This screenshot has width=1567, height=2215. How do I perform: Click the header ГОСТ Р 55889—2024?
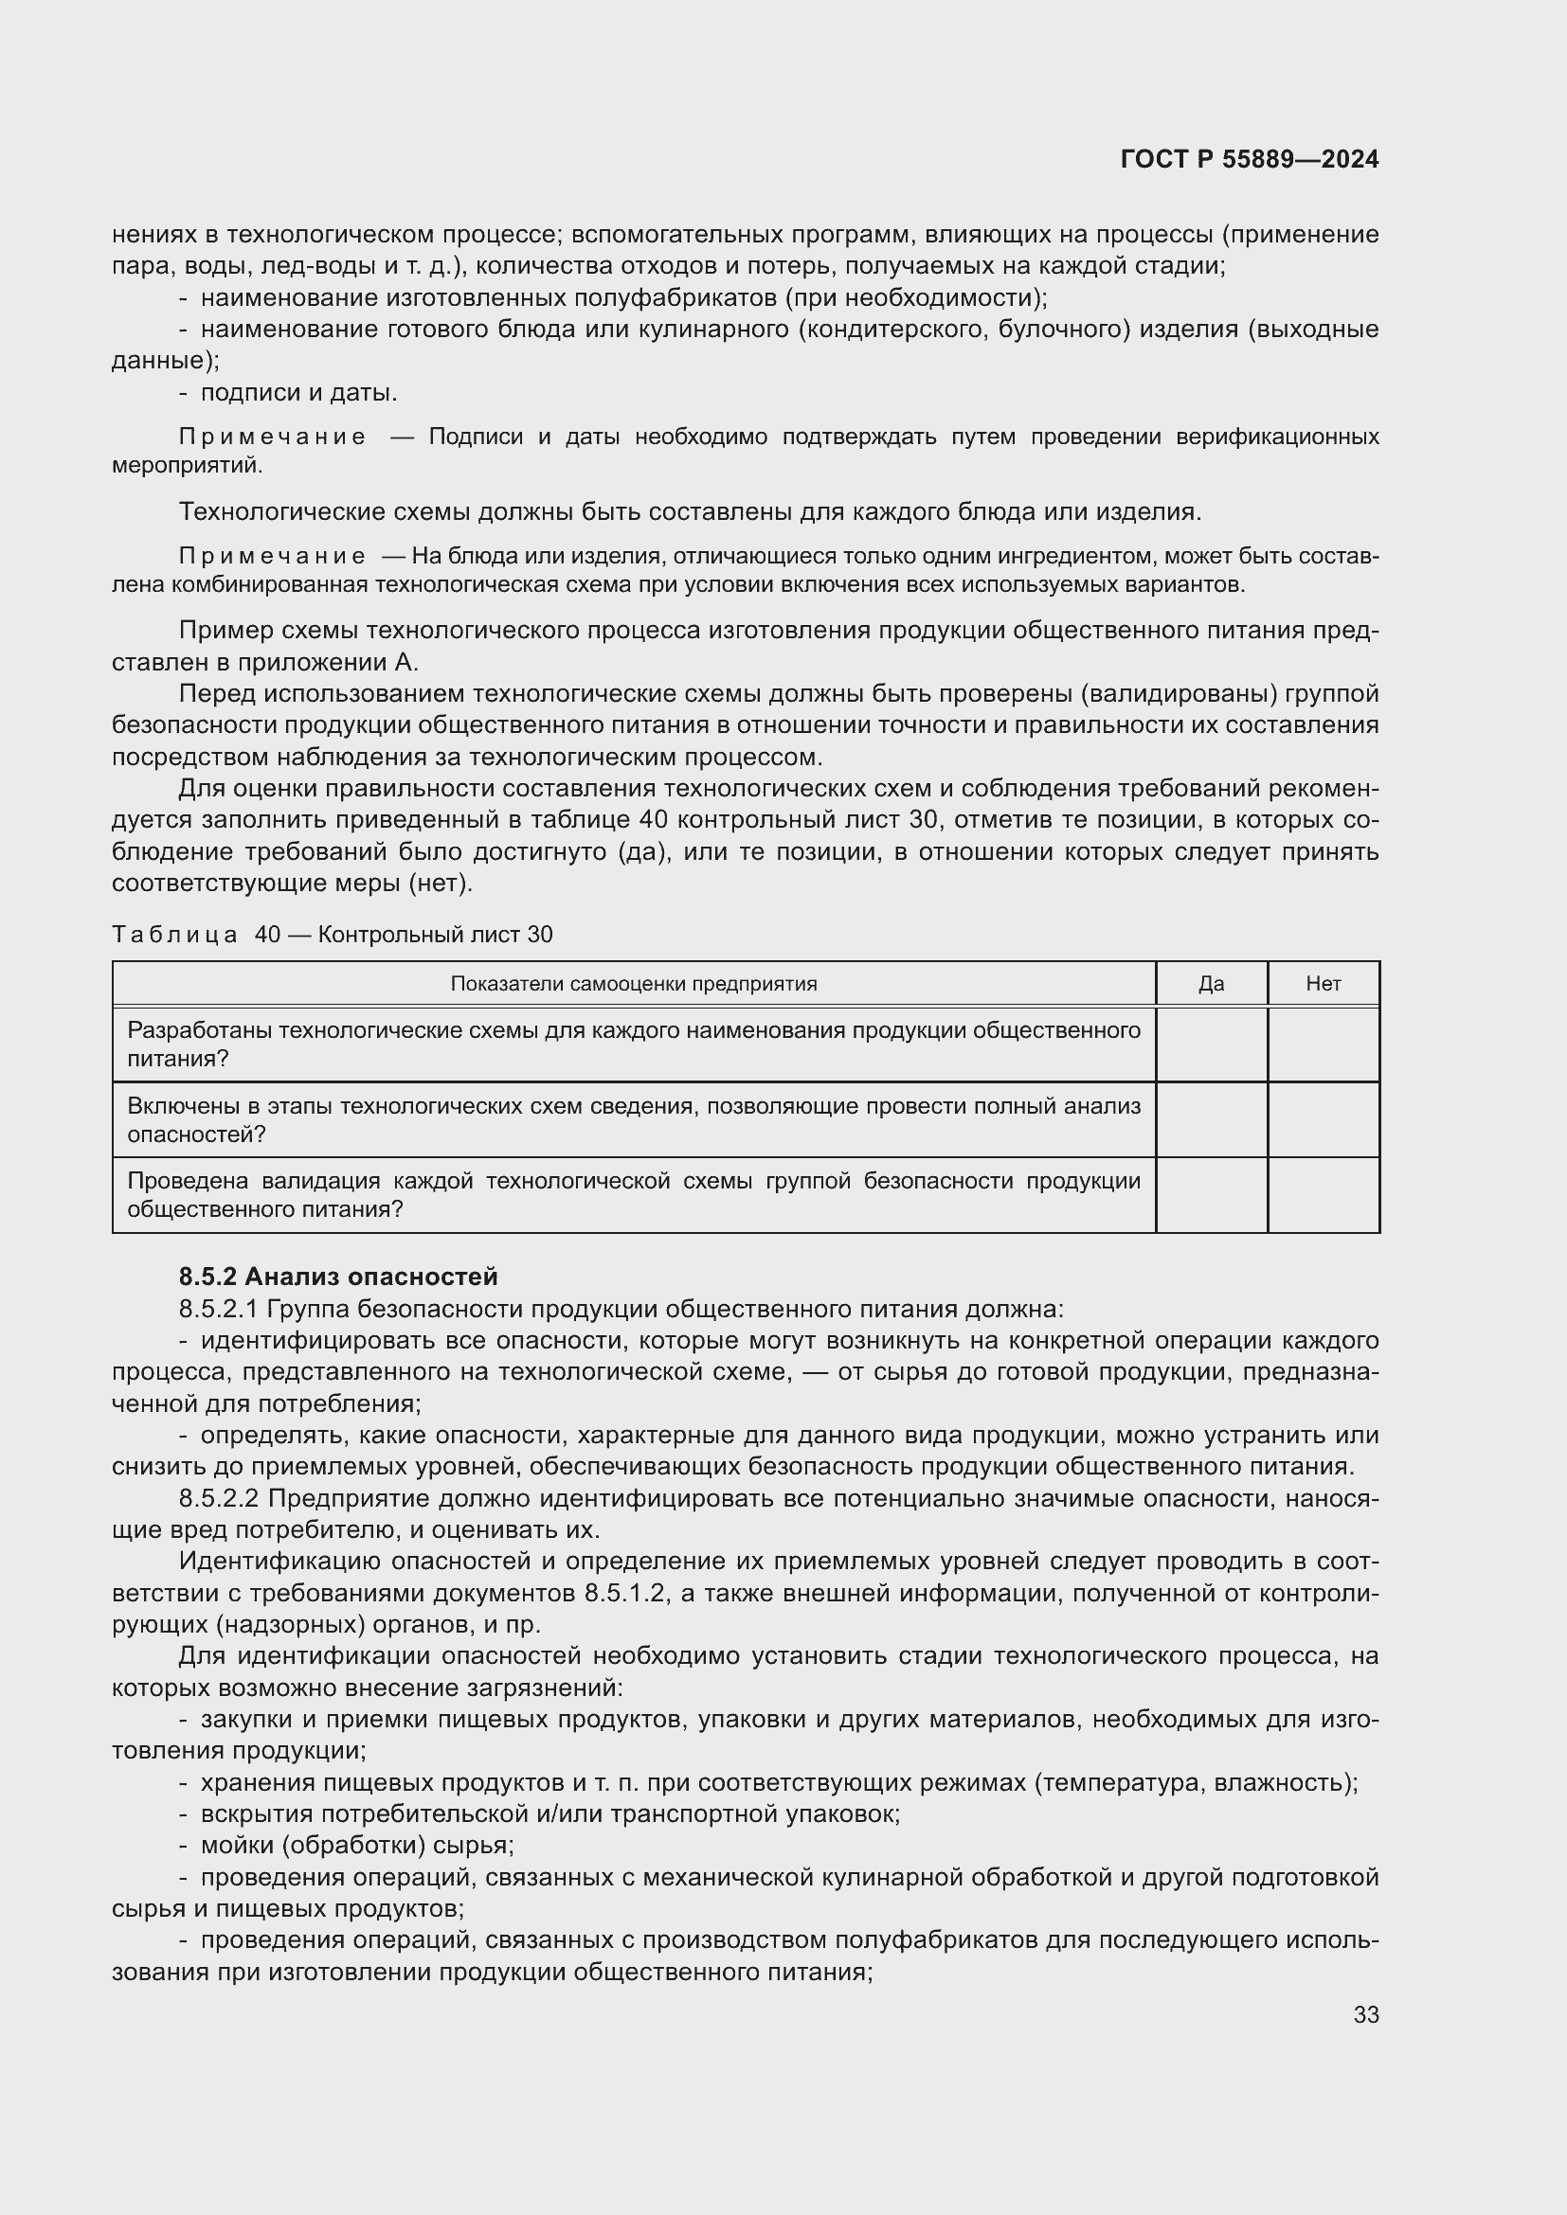point(1249,160)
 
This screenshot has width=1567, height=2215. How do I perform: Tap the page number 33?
point(1365,2014)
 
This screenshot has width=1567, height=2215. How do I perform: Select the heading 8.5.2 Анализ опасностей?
point(337,1277)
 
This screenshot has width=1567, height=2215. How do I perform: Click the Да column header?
point(1211,984)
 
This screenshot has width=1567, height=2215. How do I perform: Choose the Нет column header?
point(1323,984)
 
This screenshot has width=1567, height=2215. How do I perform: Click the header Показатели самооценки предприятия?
point(633,984)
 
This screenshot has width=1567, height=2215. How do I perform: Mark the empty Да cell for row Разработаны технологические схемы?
point(1211,1045)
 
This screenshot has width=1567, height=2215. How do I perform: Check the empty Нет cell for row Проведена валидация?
point(1323,1195)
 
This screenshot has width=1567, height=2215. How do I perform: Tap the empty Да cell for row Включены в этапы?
point(1211,1120)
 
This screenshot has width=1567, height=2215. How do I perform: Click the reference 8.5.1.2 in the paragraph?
point(625,1593)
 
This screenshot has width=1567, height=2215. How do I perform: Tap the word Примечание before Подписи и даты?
point(272,437)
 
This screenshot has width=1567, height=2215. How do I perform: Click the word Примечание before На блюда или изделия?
point(272,557)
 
